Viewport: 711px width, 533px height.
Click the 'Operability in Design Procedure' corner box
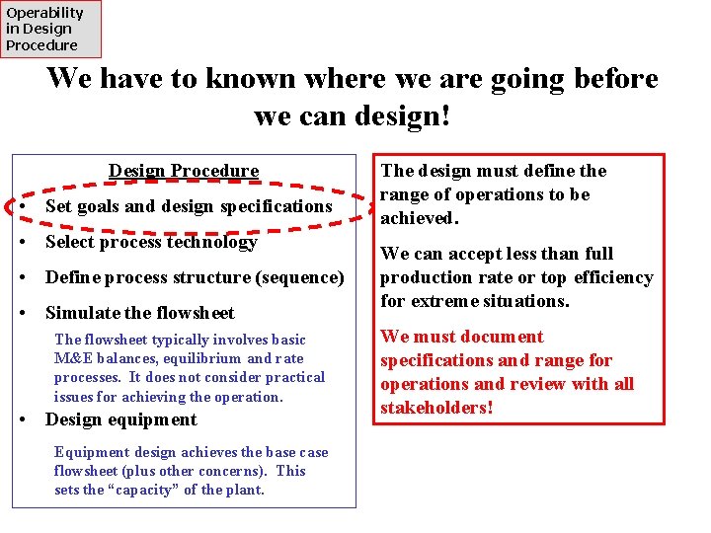click(x=49, y=29)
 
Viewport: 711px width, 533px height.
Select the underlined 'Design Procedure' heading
click(x=184, y=171)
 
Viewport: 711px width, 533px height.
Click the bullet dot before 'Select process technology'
click(x=22, y=243)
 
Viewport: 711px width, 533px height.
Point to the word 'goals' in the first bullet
click(x=101, y=206)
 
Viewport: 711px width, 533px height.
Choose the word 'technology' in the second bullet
click(x=212, y=242)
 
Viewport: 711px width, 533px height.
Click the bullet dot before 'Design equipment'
click(x=22, y=420)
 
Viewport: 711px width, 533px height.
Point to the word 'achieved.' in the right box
click(x=419, y=218)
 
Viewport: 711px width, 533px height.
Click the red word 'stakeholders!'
click(x=436, y=408)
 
